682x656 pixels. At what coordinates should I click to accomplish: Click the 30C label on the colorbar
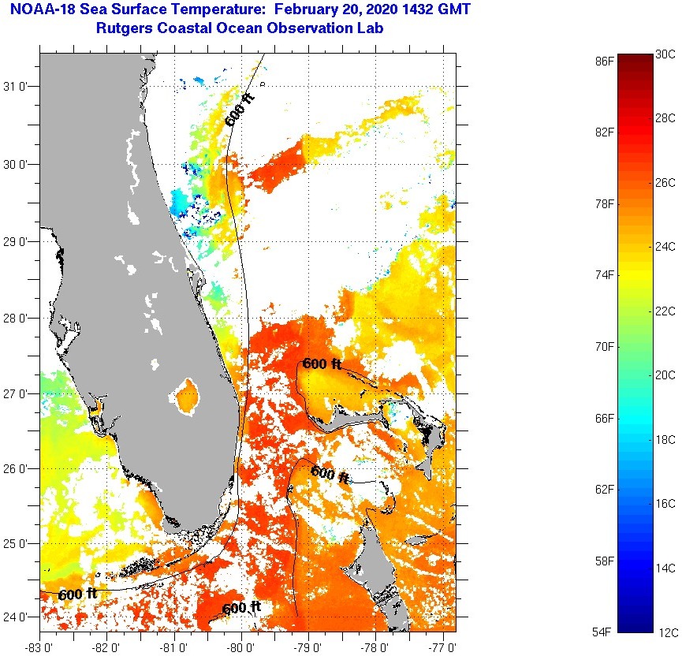point(665,54)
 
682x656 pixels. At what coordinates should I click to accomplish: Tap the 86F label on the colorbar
point(605,61)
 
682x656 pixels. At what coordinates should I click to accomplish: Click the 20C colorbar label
point(665,375)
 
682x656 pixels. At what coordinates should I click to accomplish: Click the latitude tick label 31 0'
point(17,87)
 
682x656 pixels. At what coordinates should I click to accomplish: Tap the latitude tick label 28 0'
point(17,318)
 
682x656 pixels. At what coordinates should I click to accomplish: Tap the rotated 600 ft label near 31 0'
point(240,110)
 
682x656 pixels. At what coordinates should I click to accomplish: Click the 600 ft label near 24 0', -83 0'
point(77,594)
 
